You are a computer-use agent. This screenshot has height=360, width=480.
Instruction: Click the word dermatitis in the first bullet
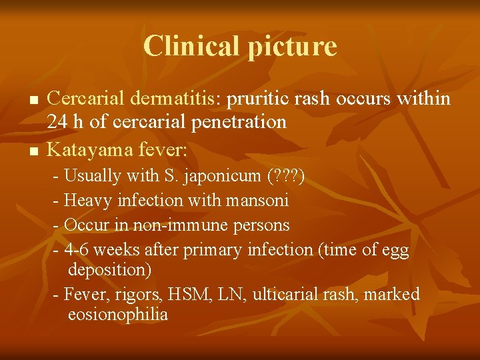click(x=174, y=99)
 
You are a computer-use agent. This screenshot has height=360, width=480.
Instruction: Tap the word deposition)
click(x=109, y=270)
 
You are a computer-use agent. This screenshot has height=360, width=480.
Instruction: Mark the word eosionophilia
click(x=117, y=315)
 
